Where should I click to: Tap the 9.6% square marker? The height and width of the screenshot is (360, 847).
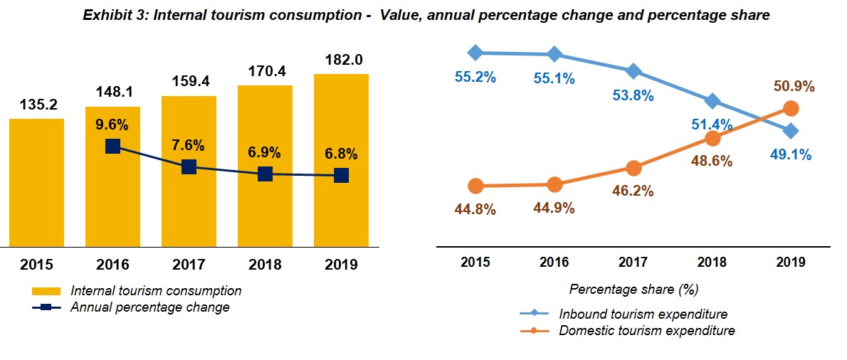click(x=112, y=146)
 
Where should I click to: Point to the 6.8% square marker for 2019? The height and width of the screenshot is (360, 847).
click(x=341, y=175)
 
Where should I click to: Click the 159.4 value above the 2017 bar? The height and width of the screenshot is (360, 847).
click(x=189, y=82)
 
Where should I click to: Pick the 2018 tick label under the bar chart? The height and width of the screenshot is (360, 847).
click(x=265, y=265)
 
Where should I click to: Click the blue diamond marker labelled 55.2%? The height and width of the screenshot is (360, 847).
click(x=475, y=52)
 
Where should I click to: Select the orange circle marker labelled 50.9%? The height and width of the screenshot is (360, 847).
click(x=790, y=108)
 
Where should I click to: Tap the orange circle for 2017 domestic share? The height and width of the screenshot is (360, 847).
click(x=633, y=168)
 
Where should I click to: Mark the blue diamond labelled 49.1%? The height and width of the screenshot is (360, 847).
click(x=790, y=131)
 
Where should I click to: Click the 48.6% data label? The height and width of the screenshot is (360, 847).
click(x=712, y=161)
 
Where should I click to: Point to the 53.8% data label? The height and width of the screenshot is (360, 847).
click(x=633, y=95)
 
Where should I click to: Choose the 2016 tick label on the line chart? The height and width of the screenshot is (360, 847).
click(x=554, y=262)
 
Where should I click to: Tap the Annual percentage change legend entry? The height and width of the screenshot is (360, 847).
click(x=149, y=307)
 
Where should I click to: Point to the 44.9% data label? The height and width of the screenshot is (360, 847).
click(x=554, y=208)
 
